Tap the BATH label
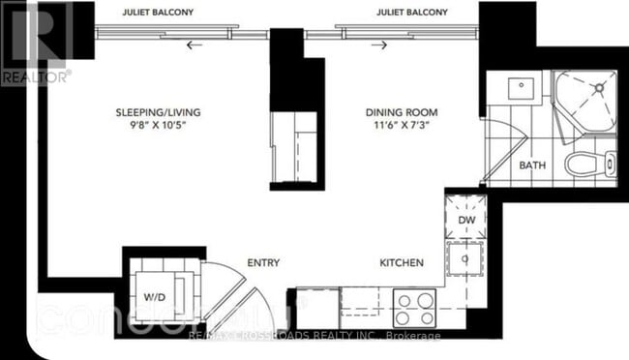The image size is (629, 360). point(531,165)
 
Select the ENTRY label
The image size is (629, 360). point(264,262)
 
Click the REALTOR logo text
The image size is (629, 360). point(35,74)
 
